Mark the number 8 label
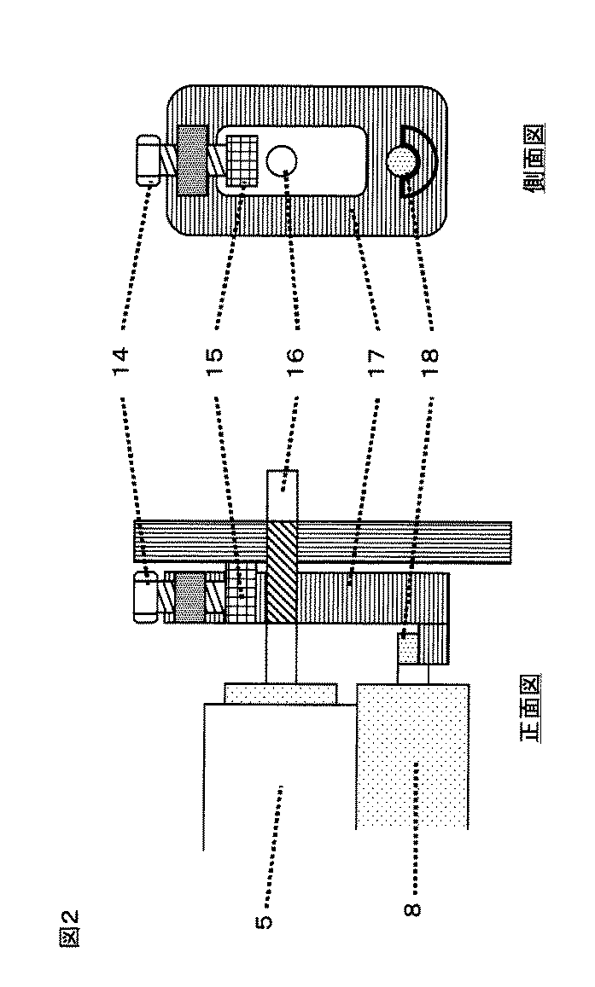click(x=412, y=909)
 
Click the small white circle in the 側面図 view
click(x=281, y=160)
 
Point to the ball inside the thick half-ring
click(x=403, y=160)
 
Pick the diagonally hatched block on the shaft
click(x=282, y=572)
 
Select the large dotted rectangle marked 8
click(x=411, y=756)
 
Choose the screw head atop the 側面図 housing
click(x=149, y=160)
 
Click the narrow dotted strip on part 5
click(x=281, y=693)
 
